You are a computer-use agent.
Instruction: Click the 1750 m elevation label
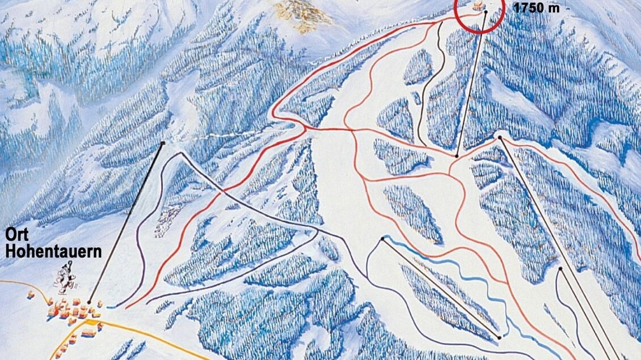(535, 9)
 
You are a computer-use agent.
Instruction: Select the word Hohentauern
(54, 251)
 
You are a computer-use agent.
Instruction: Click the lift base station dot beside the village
(89, 302)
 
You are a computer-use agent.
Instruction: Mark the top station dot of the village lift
(163, 143)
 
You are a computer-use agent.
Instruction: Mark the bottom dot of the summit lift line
(457, 155)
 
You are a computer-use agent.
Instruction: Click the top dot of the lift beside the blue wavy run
(383, 239)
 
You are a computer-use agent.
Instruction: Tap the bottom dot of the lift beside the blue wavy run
(499, 338)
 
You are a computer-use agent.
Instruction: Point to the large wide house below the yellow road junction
(88, 332)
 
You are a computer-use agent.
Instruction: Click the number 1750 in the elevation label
(528, 9)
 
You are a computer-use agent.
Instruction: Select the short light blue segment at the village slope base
(112, 307)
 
